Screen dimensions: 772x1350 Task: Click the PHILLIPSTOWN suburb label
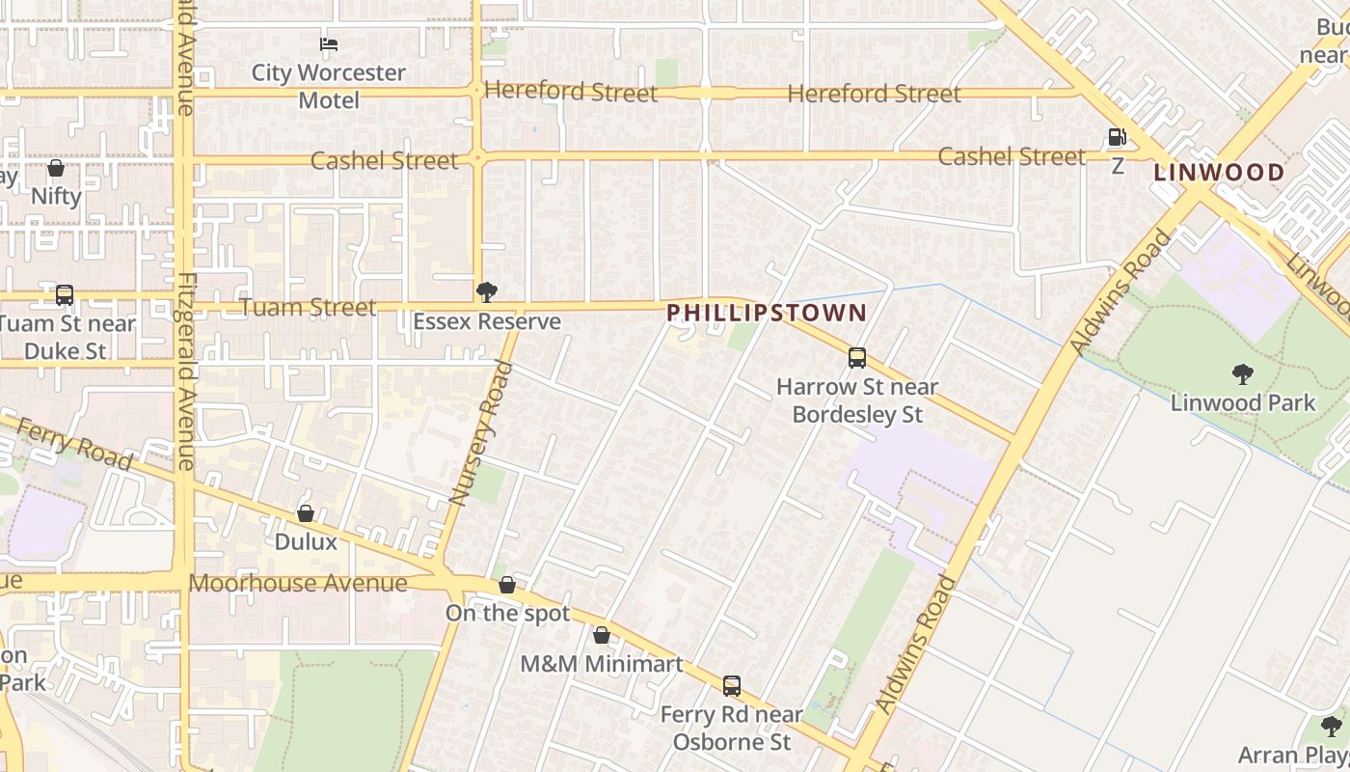pyautogui.click(x=767, y=313)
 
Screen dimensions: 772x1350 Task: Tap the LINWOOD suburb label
pyautogui.click(x=1219, y=173)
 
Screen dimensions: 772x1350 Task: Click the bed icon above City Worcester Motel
pyautogui.click(x=329, y=43)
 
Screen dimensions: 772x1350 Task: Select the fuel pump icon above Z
pyautogui.click(x=1117, y=138)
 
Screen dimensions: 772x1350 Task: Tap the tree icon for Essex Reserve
pyautogui.click(x=487, y=291)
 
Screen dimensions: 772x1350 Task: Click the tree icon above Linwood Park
pyautogui.click(x=1243, y=373)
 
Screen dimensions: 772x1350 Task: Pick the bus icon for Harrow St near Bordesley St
pyautogui.click(x=857, y=358)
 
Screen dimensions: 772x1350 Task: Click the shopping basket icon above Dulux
pyautogui.click(x=306, y=513)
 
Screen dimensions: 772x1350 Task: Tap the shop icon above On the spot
pyautogui.click(x=507, y=585)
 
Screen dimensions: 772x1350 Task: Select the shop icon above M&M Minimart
pyautogui.click(x=602, y=635)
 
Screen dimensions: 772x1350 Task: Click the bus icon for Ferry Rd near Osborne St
pyautogui.click(x=732, y=686)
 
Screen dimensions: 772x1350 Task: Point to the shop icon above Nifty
pyautogui.click(x=56, y=168)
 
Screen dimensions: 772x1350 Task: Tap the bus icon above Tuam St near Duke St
pyautogui.click(x=65, y=295)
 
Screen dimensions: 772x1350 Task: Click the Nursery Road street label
pyautogui.click(x=474, y=432)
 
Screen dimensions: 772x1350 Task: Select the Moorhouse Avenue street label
pyautogui.click(x=298, y=583)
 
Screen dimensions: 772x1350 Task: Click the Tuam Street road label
pyautogui.click(x=308, y=307)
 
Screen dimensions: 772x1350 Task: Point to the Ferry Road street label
pyautogui.click(x=74, y=445)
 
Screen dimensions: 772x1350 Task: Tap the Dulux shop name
pyautogui.click(x=306, y=541)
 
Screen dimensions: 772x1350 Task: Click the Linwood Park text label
pyautogui.click(x=1243, y=402)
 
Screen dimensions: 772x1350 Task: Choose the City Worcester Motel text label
pyautogui.click(x=329, y=86)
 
